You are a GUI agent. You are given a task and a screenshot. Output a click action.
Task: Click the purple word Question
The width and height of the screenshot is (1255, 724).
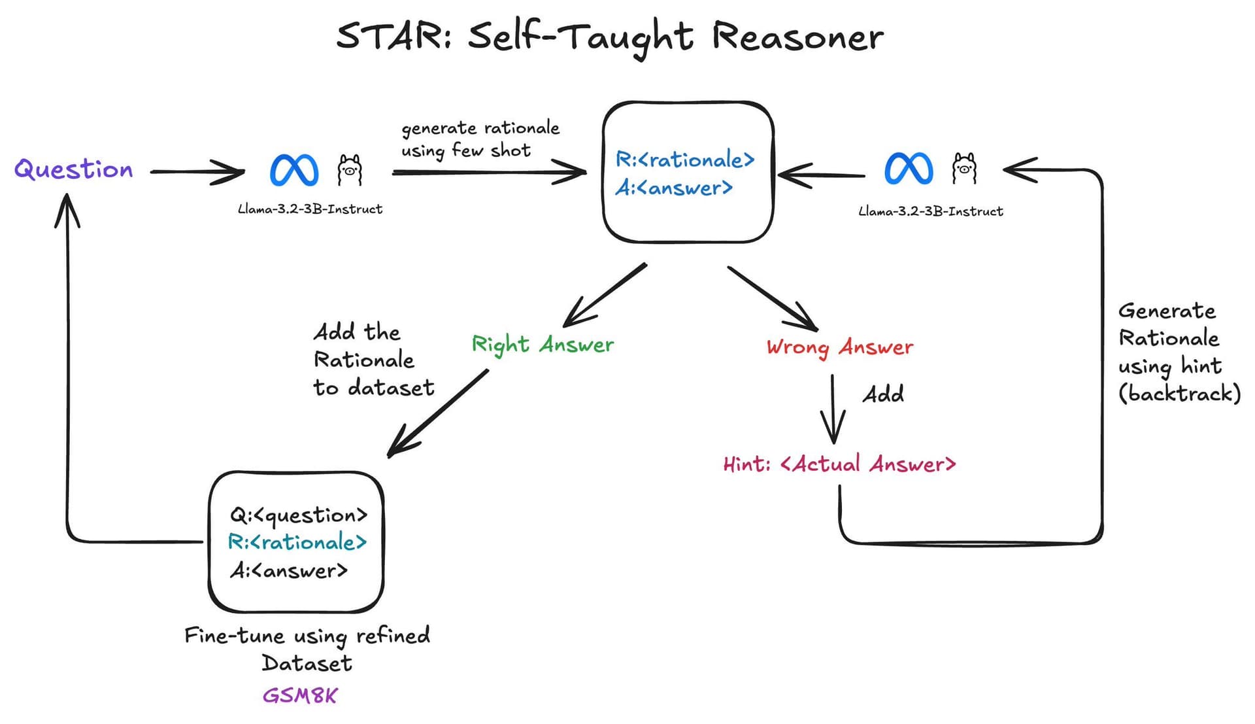pos(74,169)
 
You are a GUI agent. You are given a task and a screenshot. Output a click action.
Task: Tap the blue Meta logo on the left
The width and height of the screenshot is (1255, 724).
pos(294,170)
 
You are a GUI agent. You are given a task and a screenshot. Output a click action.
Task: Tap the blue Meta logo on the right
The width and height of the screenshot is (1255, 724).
pos(909,168)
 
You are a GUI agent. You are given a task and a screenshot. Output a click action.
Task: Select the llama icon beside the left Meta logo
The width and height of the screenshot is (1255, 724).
pos(350,170)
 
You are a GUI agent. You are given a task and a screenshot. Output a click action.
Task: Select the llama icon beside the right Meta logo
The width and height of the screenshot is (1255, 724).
pos(964,168)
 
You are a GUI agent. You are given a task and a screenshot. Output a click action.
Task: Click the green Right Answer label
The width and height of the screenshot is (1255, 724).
pos(543,345)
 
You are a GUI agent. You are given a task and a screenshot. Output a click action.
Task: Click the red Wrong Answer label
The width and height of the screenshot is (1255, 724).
pos(840,347)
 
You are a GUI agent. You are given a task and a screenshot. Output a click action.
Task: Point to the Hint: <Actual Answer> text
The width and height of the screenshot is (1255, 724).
pos(839,464)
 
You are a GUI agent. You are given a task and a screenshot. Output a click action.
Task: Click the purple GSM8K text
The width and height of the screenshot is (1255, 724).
pos(300,695)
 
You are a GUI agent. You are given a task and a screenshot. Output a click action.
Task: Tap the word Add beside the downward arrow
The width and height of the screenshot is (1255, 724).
pos(883,394)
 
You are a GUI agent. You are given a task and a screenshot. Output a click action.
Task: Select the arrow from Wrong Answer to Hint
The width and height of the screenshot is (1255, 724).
pos(833,409)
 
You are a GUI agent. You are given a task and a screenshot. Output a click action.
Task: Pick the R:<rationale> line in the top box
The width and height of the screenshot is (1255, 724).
pos(685,160)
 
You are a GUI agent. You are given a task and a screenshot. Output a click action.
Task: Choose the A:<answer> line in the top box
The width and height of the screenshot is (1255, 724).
pos(674,188)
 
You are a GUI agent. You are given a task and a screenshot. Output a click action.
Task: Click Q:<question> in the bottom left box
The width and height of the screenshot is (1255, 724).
pos(299,515)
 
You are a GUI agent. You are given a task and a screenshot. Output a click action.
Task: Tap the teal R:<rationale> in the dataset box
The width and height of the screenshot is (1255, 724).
pos(297,542)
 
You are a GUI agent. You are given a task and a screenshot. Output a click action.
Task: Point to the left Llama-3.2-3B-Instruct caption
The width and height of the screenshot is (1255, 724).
pos(310,209)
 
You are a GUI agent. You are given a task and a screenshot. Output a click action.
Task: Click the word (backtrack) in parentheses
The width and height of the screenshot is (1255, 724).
pos(1179,393)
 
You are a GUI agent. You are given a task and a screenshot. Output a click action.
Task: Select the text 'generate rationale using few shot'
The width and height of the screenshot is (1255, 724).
pos(480,139)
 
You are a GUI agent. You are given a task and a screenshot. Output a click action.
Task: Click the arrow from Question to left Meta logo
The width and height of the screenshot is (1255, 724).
pos(196,172)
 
